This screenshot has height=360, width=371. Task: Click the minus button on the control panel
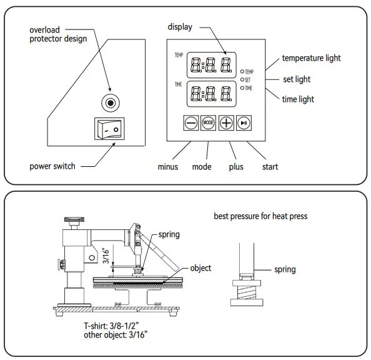(191, 123)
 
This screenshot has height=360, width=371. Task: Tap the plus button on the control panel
(226, 123)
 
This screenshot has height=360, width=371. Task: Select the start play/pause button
(244, 123)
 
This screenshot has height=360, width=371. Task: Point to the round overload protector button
(111, 102)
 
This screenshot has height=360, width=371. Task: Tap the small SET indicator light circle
(242, 80)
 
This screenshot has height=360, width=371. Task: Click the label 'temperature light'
(311, 58)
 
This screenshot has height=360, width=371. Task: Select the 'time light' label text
(298, 99)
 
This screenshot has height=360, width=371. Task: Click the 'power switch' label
(52, 166)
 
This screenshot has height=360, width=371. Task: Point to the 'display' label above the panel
(179, 27)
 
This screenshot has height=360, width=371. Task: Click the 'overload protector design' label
(59, 34)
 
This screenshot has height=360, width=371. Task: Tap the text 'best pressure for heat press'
(260, 217)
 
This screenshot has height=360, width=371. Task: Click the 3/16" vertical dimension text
(106, 256)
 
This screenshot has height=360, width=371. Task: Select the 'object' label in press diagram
(200, 268)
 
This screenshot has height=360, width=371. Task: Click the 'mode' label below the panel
(202, 167)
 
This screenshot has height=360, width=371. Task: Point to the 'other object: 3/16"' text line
(116, 335)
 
